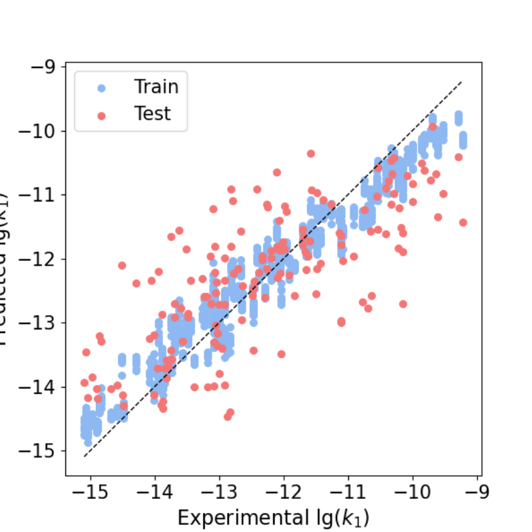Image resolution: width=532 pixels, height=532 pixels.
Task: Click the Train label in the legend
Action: coord(156,86)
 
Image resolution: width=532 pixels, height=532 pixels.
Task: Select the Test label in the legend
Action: coord(153,114)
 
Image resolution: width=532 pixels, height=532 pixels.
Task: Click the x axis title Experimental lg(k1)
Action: coord(273,517)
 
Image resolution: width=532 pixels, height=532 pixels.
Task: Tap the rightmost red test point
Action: coord(463,222)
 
